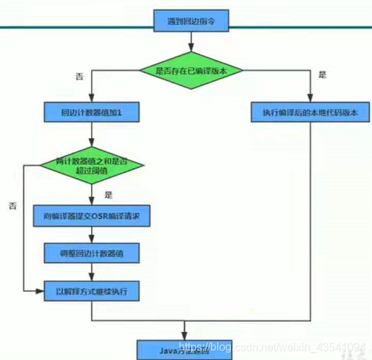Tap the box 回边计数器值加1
pos(92,112)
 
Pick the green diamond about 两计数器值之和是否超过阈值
pos(91,165)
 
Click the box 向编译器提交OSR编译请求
pos(92,217)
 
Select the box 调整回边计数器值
pos(92,253)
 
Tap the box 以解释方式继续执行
pos(92,291)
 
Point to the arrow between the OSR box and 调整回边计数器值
pos(92,235)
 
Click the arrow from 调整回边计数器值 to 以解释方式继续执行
pos(92,272)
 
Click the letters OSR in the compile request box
pos(101,217)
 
